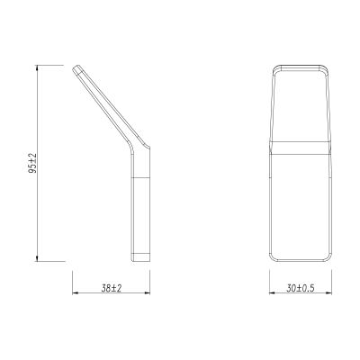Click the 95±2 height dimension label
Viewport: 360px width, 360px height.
[32, 163]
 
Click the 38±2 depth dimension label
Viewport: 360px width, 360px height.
[112, 289]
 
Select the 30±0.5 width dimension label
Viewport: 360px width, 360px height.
[301, 289]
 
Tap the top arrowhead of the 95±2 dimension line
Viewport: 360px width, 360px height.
[37, 67]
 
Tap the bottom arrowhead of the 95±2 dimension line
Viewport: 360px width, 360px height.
[37, 258]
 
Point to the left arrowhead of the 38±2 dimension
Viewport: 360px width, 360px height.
[75, 293]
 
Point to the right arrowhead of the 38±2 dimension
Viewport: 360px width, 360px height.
[148, 293]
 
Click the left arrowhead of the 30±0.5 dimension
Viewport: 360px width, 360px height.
[272, 293]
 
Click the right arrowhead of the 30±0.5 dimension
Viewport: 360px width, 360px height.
[329, 293]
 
